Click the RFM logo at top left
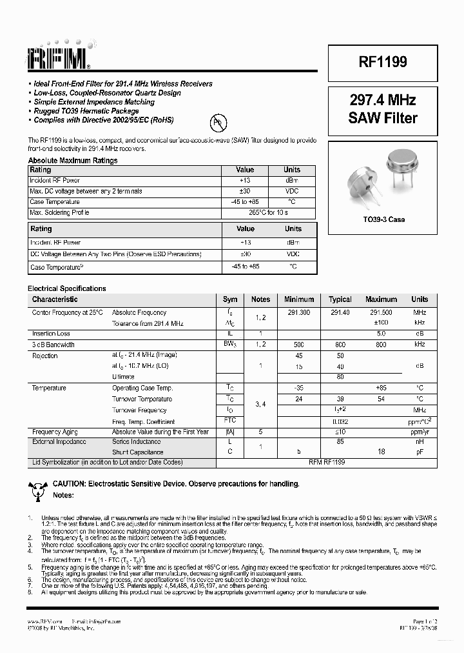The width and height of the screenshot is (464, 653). [59, 59]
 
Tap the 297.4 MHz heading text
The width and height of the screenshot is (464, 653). [383, 100]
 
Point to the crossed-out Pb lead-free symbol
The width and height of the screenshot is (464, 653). [218, 121]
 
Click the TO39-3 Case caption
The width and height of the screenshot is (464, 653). [383, 219]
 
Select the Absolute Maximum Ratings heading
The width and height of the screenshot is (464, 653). [73, 161]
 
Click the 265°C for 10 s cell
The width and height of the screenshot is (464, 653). [269, 212]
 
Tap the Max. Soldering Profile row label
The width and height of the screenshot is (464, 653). [59, 212]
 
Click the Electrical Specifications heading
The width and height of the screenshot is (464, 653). [67, 288]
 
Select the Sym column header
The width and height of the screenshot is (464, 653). [230, 299]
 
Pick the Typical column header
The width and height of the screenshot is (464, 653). [340, 299]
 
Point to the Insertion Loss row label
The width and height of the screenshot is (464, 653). [51, 334]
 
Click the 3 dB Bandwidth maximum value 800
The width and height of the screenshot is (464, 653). [381, 345]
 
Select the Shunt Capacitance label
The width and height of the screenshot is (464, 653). [138, 452]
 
